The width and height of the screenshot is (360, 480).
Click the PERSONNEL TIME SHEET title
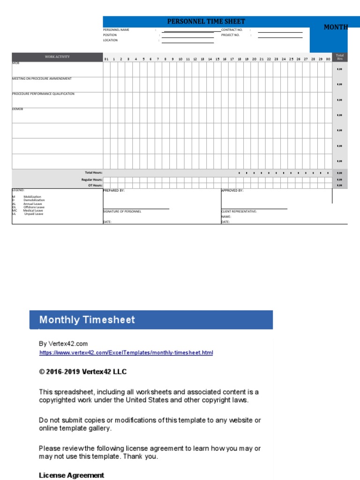206,22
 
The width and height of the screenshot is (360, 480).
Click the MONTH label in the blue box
336,27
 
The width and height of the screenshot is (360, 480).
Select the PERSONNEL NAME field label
116,30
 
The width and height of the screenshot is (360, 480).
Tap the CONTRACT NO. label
232,30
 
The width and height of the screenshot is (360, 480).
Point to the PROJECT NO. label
230,35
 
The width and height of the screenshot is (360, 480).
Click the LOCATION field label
111,40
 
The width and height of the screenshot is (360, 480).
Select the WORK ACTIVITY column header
57,57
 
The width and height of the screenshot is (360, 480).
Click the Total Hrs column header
340,57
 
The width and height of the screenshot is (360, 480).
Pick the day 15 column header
217,60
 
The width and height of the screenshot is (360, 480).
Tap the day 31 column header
106,60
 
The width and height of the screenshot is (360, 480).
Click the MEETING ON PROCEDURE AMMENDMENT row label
42,79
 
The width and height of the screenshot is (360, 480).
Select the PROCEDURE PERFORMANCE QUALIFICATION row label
43,94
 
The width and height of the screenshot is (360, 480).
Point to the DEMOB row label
17,109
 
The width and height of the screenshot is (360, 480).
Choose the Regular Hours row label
92,180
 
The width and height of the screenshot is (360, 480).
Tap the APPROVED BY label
232,191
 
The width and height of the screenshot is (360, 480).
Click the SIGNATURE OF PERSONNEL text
122,211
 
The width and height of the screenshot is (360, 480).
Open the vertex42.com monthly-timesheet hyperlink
126,352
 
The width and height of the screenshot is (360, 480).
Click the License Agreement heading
71,475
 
